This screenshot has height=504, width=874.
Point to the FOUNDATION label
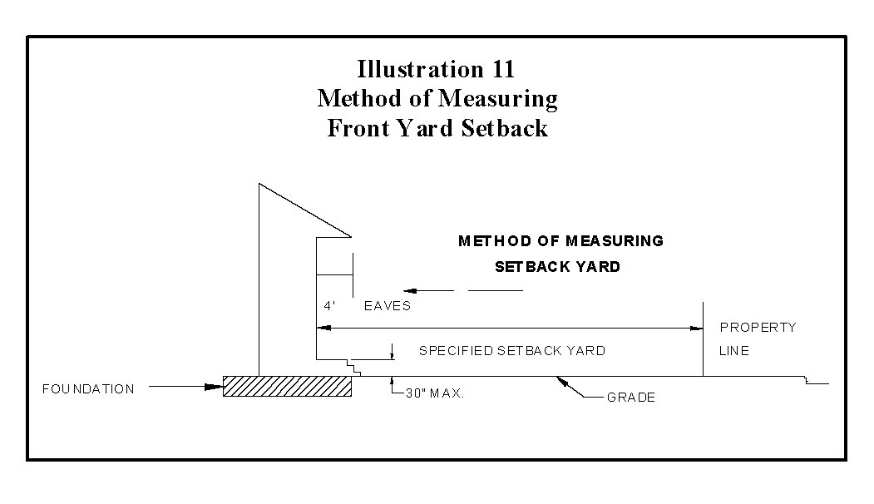click(88, 389)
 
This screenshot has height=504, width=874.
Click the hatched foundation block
click(287, 386)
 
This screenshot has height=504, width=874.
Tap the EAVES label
click(388, 306)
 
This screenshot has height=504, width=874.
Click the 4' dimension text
click(329, 306)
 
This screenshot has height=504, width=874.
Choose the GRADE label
click(630, 398)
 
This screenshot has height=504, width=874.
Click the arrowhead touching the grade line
click(563, 381)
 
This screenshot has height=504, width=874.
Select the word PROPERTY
click(758, 328)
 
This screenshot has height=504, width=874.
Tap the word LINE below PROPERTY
click(733, 351)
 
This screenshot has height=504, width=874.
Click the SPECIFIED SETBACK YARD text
click(511, 351)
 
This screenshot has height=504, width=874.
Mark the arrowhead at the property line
click(697, 329)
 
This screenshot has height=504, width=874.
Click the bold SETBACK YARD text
click(557, 267)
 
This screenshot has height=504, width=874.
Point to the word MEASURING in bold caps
click(615, 241)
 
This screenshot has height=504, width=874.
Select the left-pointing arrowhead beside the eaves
click(408, 290)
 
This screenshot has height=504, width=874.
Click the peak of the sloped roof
click(260, 184)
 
